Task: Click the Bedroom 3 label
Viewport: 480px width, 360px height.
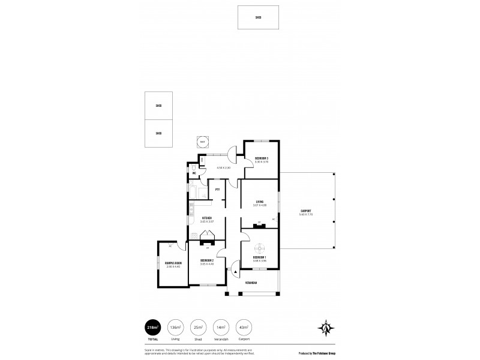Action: coord(261,158)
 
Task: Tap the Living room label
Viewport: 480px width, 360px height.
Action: coord(260,202)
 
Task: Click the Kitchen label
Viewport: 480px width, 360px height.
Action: coord(206,218)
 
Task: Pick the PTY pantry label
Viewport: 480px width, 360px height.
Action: coord(217,190)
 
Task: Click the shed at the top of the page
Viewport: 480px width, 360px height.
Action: coord(258,17)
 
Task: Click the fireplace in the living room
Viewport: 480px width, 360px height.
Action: coord(259,225)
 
